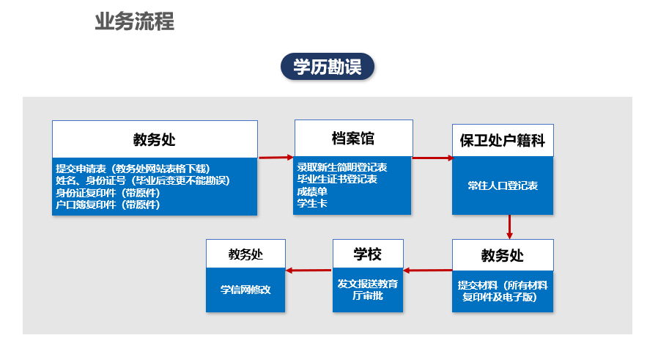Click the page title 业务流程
(x=134, y=21)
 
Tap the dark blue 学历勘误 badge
(x=328, y=67)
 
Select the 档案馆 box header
(x=353, y=138)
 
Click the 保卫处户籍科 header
(x=503, y=140)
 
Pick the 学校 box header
(x=368, y=254)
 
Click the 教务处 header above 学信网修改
(x=245, y=254)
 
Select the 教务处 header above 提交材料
(x=503, y=255)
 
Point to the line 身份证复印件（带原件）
(x=108, y=193)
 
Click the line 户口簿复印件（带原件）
(x=108, y=205)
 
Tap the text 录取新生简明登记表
(x=342, y=167)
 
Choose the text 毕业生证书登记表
(x=337, y=179)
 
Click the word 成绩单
(x=312, y=191)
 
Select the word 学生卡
(x=312, y=203)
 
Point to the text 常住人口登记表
(x=503, y=185)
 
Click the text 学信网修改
(x=245, y=290)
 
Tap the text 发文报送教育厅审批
(x=368, y=290)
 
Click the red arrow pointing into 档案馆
(x=276, y=158)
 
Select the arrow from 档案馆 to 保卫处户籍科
(x=433, y=158)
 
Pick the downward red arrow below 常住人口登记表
(x=509, y=227)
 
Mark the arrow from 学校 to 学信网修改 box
(x=309, y=270)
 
